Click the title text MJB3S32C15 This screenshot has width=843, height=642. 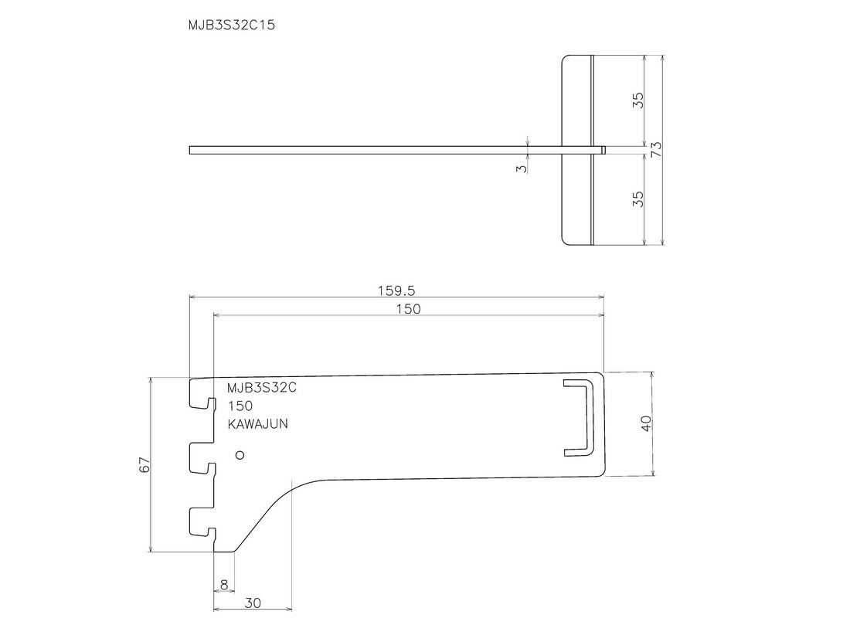coord(231,25)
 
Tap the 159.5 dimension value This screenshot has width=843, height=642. coord(396,291)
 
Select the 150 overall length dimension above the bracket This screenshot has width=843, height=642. coord(409,309)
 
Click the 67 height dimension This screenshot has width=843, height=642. coord(144,464)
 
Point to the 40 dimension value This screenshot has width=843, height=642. coord(646,423)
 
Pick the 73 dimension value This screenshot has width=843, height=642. coord(656,149)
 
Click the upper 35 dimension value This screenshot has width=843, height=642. coord(637,100)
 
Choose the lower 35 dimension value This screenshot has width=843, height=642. coord(637,199)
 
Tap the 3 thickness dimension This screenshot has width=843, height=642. coord(522,169)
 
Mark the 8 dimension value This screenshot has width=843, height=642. coord(224,585)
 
